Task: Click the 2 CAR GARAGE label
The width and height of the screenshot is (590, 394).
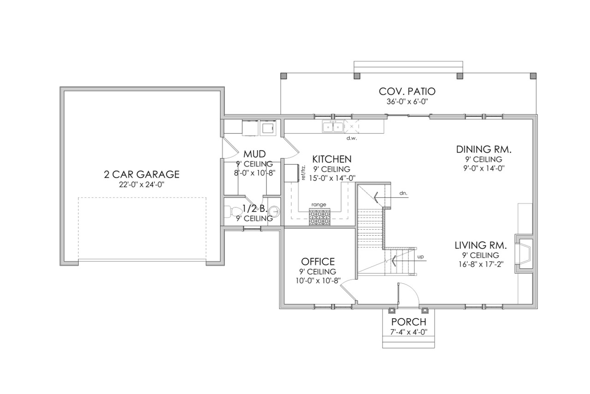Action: coord(141,174)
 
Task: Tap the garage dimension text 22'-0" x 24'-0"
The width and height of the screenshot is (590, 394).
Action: coord(141,185)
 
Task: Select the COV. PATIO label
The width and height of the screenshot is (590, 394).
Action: coord(407,91)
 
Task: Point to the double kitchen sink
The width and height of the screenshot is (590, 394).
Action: coord(332,126)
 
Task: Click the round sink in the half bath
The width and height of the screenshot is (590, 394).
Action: coord(274,212)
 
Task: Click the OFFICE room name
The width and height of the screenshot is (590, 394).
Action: coord(318,262)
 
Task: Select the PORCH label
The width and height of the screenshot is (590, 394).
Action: coord(409,322)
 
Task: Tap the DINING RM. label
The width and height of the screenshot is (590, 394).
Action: coord(484,149)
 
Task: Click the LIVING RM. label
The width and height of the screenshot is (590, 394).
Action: coord(481,245)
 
